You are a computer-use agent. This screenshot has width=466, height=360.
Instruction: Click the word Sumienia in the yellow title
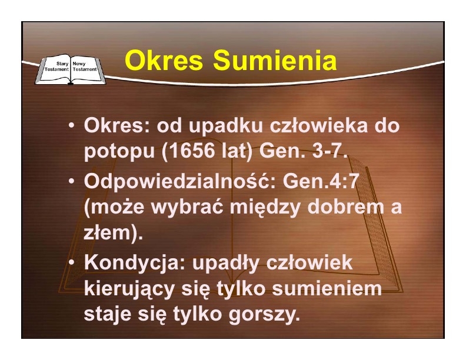pyautogui.click(x=275, y=61)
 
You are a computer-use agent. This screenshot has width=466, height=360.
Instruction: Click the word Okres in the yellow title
pyautogui.click(x=164, y=61)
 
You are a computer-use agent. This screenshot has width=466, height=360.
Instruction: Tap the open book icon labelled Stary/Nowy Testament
pyautogui.click(x=70, y=69)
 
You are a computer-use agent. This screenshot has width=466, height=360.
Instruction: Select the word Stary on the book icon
pyautogui.click(x=62, y=64)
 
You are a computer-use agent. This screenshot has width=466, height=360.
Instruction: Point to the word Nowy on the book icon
pyautogui.click(x=79, y=64)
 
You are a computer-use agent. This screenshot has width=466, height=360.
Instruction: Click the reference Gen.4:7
pyautogui.click(x=319, y=181)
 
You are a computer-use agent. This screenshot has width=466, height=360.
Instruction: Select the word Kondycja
pyautogui.click(x=135, y=262)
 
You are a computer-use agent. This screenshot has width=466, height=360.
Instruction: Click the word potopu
pyautogui.click(x=120, y=152)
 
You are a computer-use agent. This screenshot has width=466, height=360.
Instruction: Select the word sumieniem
pyautogui.click(x=327, y=288)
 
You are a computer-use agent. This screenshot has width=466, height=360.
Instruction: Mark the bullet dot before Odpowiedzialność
pyautogui.click(x=71, y=181)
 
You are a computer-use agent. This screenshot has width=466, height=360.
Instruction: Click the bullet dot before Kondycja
pyautogui.click(x=71, y=262)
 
